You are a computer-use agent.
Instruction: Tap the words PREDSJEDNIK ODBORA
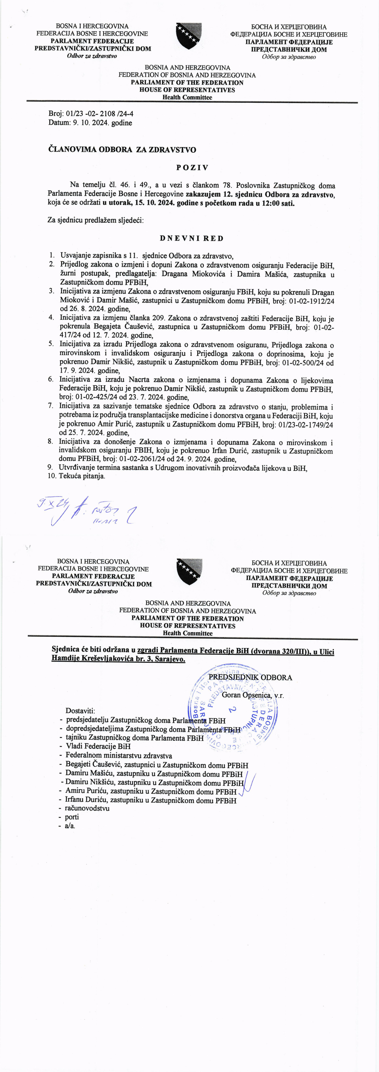pos(250,677)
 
